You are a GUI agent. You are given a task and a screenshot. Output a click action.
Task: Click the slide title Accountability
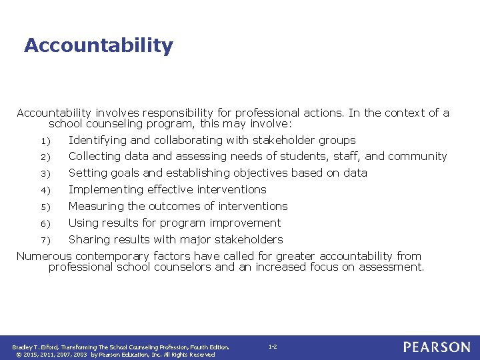(98, 45)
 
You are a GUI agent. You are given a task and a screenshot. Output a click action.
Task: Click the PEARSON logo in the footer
(437, 347)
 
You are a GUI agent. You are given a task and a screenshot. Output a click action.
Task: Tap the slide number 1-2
(273, 347)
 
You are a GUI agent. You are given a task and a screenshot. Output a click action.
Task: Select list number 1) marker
(43, 141)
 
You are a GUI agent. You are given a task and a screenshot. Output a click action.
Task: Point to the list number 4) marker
(43, 190)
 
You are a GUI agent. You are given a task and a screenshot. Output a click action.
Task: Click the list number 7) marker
(43, 240)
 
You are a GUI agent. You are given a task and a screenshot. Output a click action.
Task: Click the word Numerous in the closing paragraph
(44, 256)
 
